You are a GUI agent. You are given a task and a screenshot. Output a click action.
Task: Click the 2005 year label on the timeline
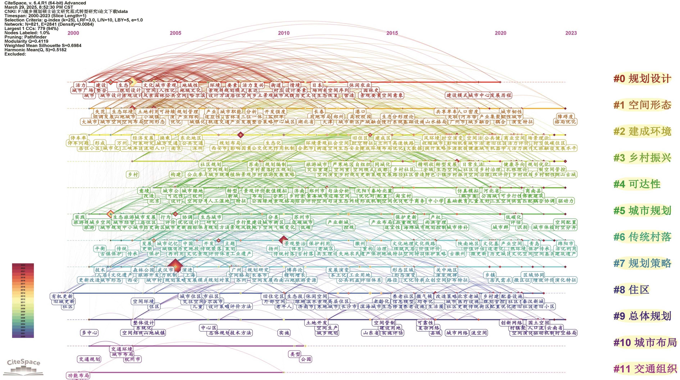176,33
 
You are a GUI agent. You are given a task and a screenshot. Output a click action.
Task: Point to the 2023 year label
571,33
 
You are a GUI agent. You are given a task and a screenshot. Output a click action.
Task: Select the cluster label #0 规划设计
642,79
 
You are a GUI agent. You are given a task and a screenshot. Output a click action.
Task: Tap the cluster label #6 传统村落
642,237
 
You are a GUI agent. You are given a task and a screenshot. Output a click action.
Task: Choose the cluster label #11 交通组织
645,369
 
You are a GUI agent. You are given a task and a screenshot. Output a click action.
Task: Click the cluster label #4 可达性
637,184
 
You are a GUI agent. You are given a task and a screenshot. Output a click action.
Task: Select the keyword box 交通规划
89,359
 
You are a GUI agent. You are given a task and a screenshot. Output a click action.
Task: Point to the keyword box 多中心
89,333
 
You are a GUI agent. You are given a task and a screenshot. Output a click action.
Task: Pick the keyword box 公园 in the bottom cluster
306,359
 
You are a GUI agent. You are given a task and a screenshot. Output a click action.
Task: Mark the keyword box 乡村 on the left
133,175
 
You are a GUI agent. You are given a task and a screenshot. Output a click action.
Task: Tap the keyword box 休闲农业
360,85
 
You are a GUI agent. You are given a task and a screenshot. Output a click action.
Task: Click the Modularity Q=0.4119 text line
26,41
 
